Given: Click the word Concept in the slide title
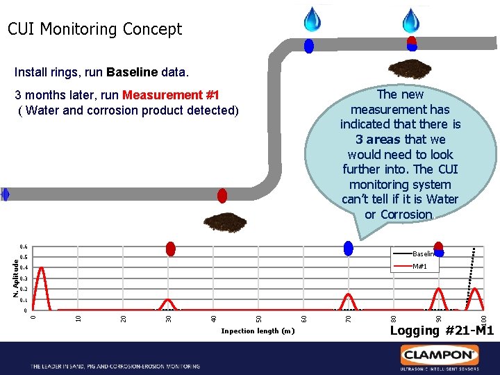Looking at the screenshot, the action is pos(151,29).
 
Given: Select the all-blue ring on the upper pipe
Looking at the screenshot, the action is pos(309,46).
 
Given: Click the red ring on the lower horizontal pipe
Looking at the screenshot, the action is pos(222,195).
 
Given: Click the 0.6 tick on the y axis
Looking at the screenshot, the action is pos(23,247).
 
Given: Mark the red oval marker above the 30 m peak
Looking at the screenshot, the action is pos(170,249).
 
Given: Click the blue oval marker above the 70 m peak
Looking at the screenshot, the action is pos(349,248).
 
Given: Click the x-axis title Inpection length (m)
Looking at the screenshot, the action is pos(258,331).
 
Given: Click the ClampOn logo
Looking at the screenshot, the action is pos(438,355).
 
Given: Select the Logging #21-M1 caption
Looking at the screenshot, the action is pos(441,331).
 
